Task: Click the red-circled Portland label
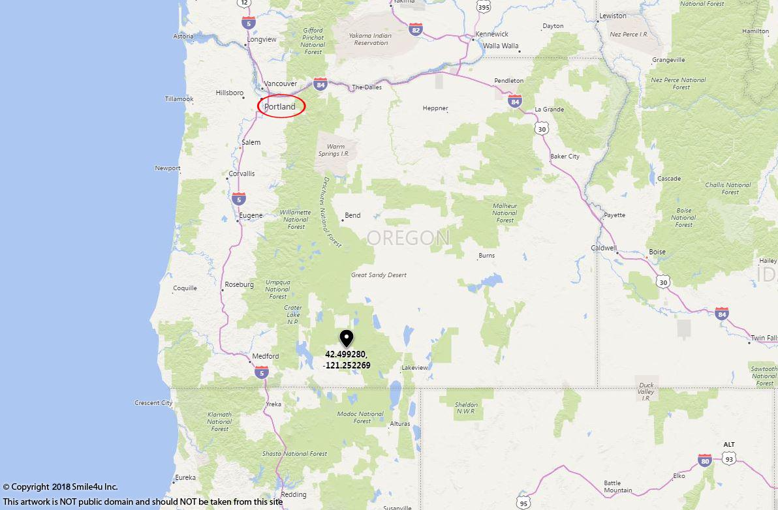[281, 106]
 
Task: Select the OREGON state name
[409, 238]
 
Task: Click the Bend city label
[352, 215]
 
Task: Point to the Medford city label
[265, 356]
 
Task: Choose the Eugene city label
[251, 215]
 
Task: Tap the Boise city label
[657, 252]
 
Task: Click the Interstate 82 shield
[416, 29]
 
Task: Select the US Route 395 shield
[483, 7]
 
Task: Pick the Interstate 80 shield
[704, 460]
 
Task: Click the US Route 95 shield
[523, 503]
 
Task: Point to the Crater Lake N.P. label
[293, 314]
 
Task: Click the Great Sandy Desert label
[379, 275]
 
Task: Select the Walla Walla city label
[501, 46]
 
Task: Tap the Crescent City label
[153, 403]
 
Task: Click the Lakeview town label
[414, 368]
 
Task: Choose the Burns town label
[486, 256]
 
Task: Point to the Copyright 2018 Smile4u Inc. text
[61, 487]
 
